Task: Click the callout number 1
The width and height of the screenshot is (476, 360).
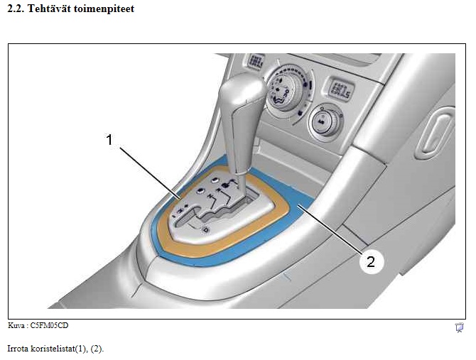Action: point(109,141)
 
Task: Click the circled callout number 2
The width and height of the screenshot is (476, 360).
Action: point(369,262)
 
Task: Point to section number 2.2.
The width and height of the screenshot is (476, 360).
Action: point(15,10)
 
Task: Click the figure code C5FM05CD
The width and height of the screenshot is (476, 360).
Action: point(50,325)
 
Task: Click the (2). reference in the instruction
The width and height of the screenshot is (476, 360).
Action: point(96,349)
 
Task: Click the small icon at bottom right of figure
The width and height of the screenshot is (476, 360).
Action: point(459,327)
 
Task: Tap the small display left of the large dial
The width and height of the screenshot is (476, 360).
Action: point(257,60)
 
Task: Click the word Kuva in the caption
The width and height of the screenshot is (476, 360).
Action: point(15,325)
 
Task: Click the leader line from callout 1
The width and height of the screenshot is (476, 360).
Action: point(149,170)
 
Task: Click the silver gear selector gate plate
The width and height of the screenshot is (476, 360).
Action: point(213,213)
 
